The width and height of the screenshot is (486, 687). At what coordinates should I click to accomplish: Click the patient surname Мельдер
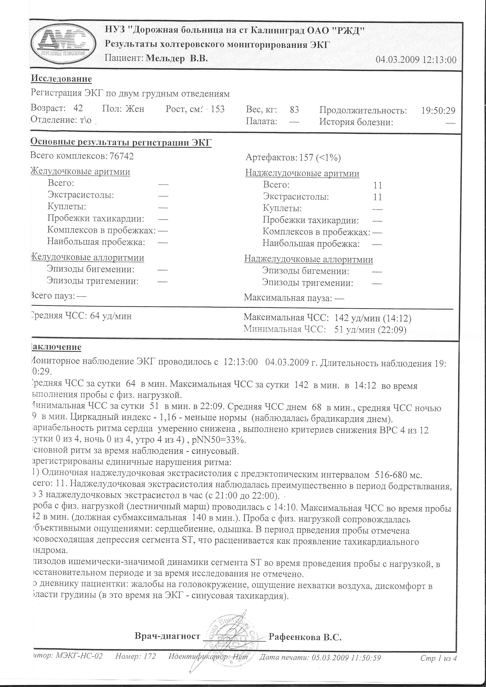pos(165,59)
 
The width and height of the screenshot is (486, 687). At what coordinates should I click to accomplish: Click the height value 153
pos(218,109)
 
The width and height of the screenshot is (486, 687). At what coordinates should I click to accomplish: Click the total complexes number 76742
pos(122,156)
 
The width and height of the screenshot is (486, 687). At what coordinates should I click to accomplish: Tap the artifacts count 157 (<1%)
pos(320,158)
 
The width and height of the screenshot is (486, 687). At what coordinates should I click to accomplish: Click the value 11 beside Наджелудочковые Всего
pos(378,186)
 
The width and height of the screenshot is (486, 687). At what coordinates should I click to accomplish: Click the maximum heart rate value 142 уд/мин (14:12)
pos(373,318)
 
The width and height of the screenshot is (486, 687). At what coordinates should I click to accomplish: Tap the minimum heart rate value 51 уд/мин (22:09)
pos(370,330)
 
